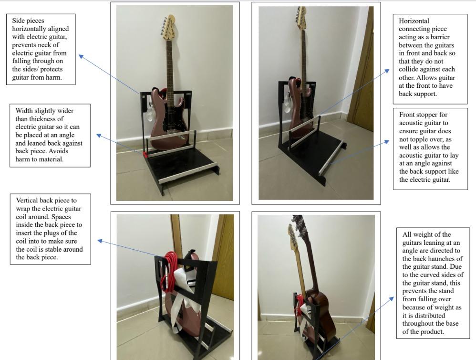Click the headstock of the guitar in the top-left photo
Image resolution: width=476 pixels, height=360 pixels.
(168, 27)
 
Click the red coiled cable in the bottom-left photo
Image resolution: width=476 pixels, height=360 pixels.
(168, 271)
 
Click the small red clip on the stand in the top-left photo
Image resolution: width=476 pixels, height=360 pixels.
(145, 155)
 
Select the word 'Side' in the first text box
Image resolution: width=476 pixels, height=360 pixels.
(18, 21)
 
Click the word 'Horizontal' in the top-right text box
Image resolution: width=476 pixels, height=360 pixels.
(414, 21)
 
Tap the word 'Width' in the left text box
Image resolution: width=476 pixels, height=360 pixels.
(24, 111)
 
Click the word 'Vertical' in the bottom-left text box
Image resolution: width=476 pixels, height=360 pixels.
(27, 201)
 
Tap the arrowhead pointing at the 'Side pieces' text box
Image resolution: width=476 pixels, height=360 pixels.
(81, 56)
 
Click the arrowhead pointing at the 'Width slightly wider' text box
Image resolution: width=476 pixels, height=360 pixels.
(99, 135)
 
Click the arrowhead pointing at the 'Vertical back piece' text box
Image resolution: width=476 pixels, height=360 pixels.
(100, 241)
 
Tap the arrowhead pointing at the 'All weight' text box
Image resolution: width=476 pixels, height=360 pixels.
(392, 299)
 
